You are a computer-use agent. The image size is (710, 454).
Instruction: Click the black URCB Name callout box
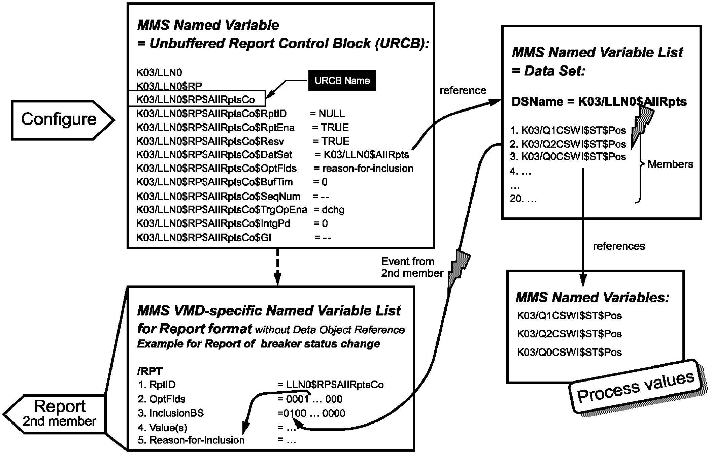[x=342, y=81]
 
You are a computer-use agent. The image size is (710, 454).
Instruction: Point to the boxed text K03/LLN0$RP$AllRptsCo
[x=196, y=100]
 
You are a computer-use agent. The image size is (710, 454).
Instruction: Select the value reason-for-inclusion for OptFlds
[x=368, y=168]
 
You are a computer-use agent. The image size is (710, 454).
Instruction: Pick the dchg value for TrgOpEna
[x=333, y=210]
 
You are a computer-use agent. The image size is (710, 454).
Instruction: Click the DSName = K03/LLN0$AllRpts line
[x=599, y=102]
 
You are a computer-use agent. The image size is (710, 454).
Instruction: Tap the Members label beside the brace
[x=670, y=164]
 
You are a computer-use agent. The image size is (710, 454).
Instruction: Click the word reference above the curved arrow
[x=463, y=90]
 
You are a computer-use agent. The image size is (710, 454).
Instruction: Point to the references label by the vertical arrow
[x=619, y=246]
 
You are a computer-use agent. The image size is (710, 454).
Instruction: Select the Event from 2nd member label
[x=412, y=267]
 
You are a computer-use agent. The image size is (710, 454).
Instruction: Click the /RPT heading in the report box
[x=150, y=371]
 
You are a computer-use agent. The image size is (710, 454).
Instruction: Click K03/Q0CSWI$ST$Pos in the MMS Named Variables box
[x=569, y=352]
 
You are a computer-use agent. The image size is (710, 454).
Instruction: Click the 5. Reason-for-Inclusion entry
[x=191, y=440]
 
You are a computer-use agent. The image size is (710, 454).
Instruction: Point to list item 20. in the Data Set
[x=523, y=199]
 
